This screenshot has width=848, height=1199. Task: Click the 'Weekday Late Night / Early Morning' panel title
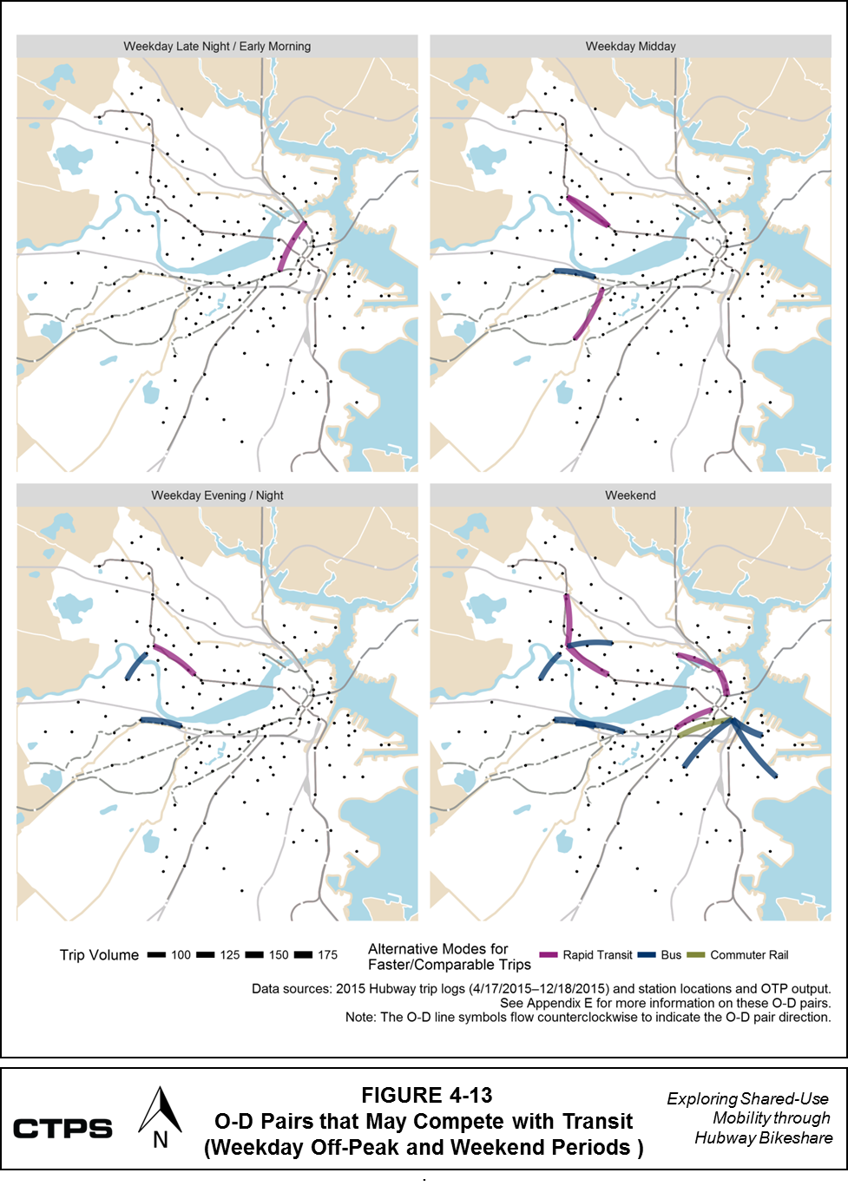click(x=217, y=46)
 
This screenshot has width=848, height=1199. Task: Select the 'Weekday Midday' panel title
click(x=630, y=46)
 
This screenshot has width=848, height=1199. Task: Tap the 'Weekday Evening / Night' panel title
click(x=217, y=495)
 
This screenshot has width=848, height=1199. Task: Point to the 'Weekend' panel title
click(x=630, y=495)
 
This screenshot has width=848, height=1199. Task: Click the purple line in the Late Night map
click(x=293, y=247)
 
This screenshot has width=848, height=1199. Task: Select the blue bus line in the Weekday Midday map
click(x=575, y=274)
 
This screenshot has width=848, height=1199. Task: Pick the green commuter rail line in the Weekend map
click(x=704, y=726)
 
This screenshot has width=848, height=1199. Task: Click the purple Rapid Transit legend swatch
click(x=548, y=955)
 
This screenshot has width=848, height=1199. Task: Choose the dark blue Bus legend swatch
click(x=647, y=955)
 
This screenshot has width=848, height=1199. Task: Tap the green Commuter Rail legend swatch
click(x=696, y=955)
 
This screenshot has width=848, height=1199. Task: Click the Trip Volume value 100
click(x=181, y=955)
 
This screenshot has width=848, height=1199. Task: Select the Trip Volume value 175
click(x=327, y=955)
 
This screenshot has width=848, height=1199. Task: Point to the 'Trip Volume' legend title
click(x=99, y=955)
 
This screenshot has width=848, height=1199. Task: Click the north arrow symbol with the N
click(x=160, y=1119)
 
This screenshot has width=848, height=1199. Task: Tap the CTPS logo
click(x=62, y=1129)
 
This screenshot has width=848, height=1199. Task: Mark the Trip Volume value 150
click(x=279, y=955)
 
